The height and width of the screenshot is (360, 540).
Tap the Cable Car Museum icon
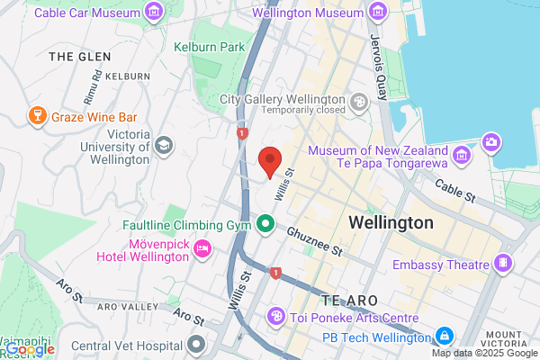(x=154, y=13)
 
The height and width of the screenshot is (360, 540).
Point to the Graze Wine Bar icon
(x=38, y=115)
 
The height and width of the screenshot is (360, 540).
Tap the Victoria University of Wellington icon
(x=164, y=144)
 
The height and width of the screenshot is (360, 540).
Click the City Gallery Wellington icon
(x=359, y=102)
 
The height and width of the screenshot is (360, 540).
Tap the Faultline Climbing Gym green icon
(x=266, y=223)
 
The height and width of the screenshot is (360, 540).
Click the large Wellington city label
(x=391, y=221)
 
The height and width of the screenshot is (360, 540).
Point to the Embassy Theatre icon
(x=502, y=265)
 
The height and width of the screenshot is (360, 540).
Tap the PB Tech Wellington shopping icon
(x=443, y=337)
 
